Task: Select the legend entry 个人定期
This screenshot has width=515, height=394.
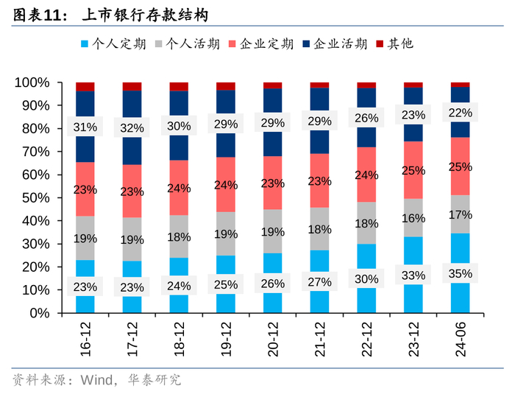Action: [112, 43]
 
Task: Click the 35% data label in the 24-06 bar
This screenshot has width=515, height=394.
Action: [460, 273]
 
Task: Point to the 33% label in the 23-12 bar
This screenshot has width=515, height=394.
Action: [413, 275]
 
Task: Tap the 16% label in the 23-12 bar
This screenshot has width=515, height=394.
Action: [413, 218]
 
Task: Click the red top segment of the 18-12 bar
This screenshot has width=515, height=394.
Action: [179, 86]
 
